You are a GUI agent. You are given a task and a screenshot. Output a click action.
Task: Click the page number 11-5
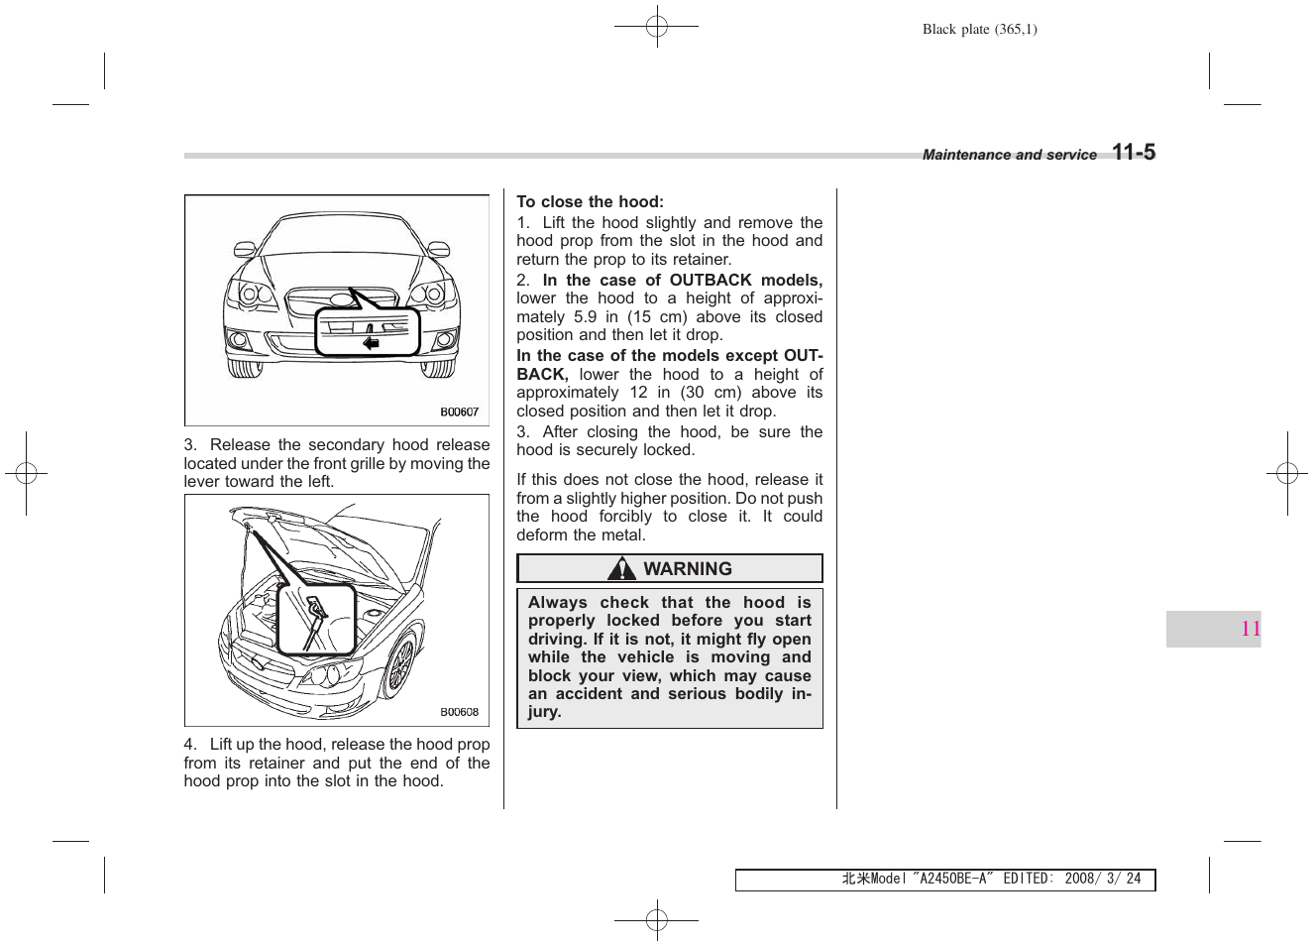tap(1133, 152)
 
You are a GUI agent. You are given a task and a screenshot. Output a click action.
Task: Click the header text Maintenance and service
tap(1009, 155)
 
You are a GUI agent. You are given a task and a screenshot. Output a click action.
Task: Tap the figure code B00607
tap(459, 412)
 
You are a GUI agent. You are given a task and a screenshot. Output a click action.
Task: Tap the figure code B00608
tap(459, 712)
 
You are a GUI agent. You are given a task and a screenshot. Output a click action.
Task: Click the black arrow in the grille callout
tap(371, 343)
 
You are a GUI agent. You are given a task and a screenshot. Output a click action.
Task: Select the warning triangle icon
tap(621, 568)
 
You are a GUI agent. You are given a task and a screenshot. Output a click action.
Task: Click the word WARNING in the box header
tap(688, 568)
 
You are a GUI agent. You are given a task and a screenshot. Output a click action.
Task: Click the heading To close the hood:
tap(590, 201)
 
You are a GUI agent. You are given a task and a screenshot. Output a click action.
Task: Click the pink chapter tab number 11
tap(1251, 629)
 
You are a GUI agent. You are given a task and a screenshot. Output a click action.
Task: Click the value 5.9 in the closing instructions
tap(585, 317)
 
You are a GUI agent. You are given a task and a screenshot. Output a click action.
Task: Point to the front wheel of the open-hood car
tap(399, 663)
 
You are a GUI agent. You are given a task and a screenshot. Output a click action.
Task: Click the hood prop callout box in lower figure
tap(316, 620)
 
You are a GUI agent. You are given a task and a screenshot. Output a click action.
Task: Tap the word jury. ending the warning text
tap(544, 712)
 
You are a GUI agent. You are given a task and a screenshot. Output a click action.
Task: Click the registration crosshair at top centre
tap(656, 26)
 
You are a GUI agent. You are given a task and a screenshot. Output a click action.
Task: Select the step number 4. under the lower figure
tap(190, 745)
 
